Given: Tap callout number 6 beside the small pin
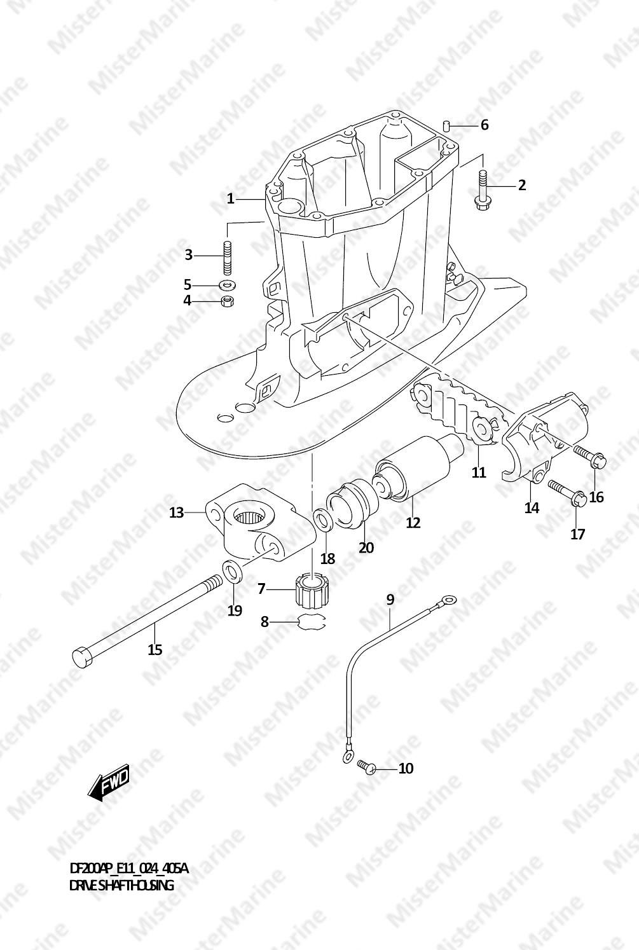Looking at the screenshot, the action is click(x=484, y=125).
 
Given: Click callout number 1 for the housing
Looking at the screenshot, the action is click(x=230, y=198).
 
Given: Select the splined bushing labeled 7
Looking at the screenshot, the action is click(x=313, y=590).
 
